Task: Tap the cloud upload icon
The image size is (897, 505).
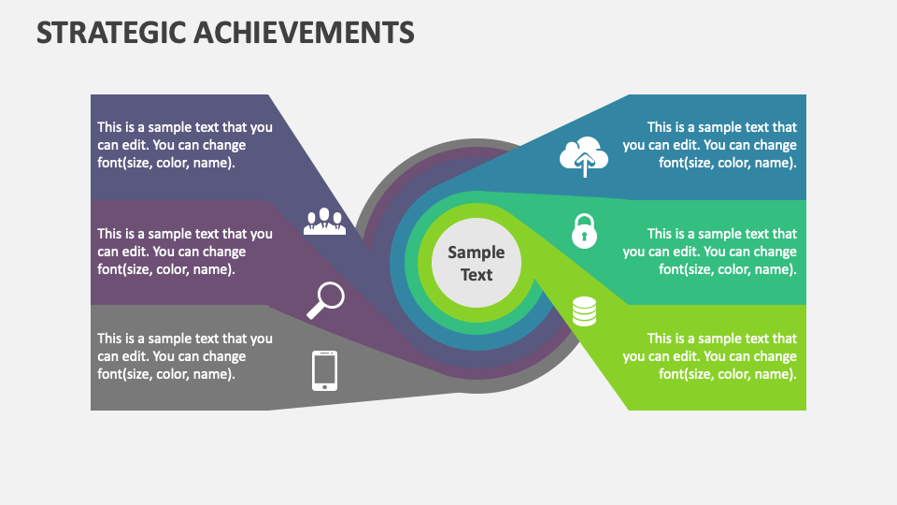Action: (584, 157)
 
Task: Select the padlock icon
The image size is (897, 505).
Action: (584, 230)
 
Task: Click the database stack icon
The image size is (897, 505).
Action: (584, 310)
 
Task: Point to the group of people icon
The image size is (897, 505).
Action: (324, 221)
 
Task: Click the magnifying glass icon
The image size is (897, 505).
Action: (325, 300)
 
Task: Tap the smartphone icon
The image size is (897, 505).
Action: (324, 370)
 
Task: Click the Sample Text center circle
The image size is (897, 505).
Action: (476, 263)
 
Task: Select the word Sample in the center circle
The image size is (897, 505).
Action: (476, 252)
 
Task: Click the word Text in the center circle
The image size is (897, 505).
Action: (476, 275)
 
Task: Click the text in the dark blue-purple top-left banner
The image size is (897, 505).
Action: (185, 145)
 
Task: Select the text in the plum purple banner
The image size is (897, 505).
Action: (185, 252)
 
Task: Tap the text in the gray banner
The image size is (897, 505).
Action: (185, 356)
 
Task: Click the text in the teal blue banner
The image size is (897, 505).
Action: (710, 145)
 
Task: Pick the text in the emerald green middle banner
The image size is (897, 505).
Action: (710, 252)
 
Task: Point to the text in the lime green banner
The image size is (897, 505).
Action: (710, 356)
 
